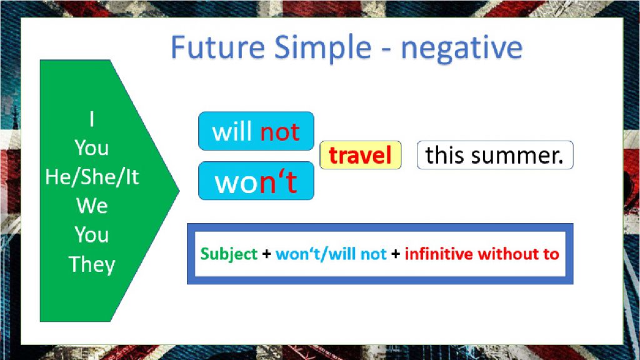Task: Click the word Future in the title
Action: (217, 47)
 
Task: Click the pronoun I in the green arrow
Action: (92, 119)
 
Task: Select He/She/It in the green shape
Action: (92, 177)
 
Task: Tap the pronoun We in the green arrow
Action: (92, 206)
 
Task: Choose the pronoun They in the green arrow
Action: (92, 265)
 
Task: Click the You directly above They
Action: (92, 235)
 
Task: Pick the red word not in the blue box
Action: (280, 132)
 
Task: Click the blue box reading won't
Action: (256, 181)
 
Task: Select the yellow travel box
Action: (361, 155)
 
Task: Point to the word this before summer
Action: (444, 155)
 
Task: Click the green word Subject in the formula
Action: (229, 254)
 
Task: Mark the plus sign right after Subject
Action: (266, 254)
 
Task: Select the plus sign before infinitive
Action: (396, 254)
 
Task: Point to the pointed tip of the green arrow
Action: (179, 190)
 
